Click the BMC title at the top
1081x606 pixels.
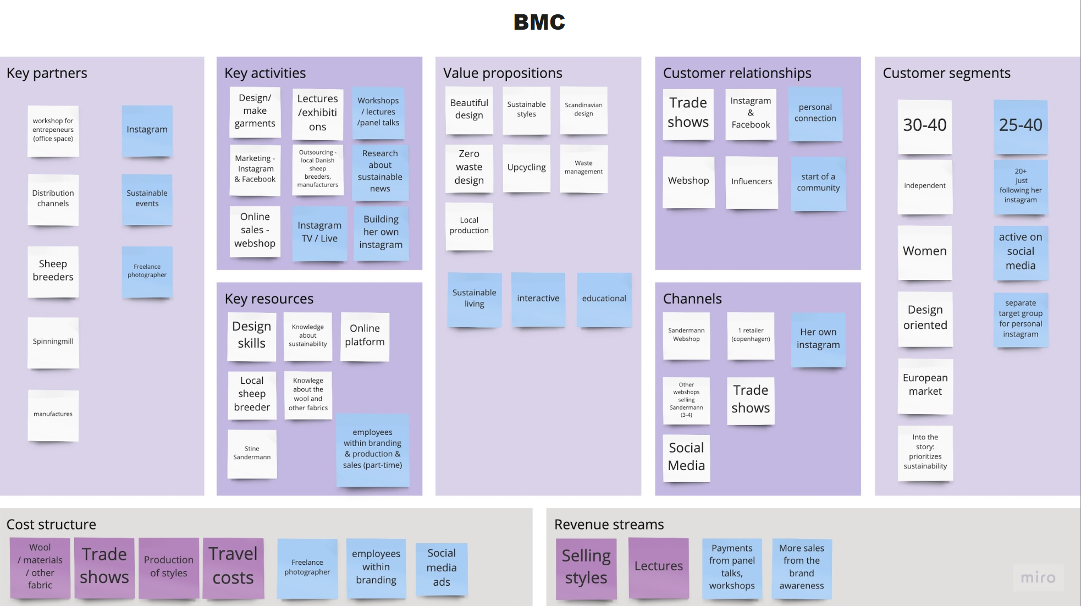point(539,22)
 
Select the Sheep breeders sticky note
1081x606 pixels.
point(53,271)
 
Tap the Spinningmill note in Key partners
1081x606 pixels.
point(53,341)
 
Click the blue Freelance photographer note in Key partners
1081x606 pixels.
point(147,271)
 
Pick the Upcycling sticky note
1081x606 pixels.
point(526,168)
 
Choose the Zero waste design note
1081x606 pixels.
point(469,167)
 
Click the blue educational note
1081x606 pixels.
point(604,299)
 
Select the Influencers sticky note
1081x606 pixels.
point(751,181)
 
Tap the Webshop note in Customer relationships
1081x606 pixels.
point(688,181)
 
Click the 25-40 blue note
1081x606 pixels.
point(1020,125)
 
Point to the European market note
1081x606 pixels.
point(925,385)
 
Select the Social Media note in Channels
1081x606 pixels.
point(686,457)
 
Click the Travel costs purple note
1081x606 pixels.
point(233,566)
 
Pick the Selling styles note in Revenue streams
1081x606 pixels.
point(586,567)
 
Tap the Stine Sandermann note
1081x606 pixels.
point(252,453)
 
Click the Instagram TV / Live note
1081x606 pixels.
point(319,232)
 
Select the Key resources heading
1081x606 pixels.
point(269,299)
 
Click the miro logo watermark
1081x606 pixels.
point(1038,577)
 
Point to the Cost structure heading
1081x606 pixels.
point(51,525)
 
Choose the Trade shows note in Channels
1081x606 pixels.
point(750,399)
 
